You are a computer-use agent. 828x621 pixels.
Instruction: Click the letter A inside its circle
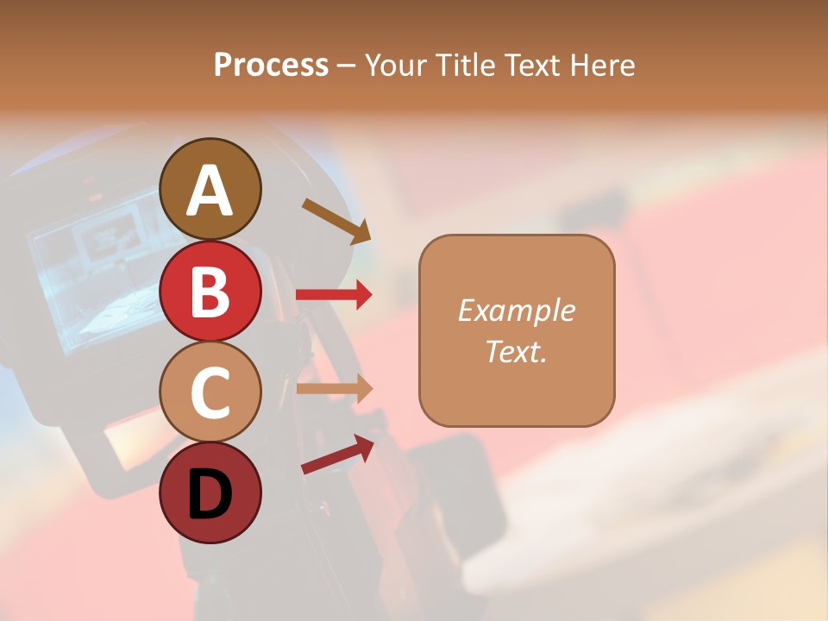210,190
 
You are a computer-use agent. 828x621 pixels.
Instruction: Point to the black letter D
210,494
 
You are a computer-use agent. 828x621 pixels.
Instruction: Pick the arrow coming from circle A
336,220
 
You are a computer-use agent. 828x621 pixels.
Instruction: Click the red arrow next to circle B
334,295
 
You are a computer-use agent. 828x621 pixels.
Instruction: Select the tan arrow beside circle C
334,389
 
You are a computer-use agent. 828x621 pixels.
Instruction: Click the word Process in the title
271,65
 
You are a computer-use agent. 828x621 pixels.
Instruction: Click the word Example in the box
516,310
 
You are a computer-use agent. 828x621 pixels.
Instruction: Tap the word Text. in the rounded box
516,351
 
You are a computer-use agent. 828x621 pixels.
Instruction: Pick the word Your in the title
393,65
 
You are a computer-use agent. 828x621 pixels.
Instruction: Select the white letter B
210,291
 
